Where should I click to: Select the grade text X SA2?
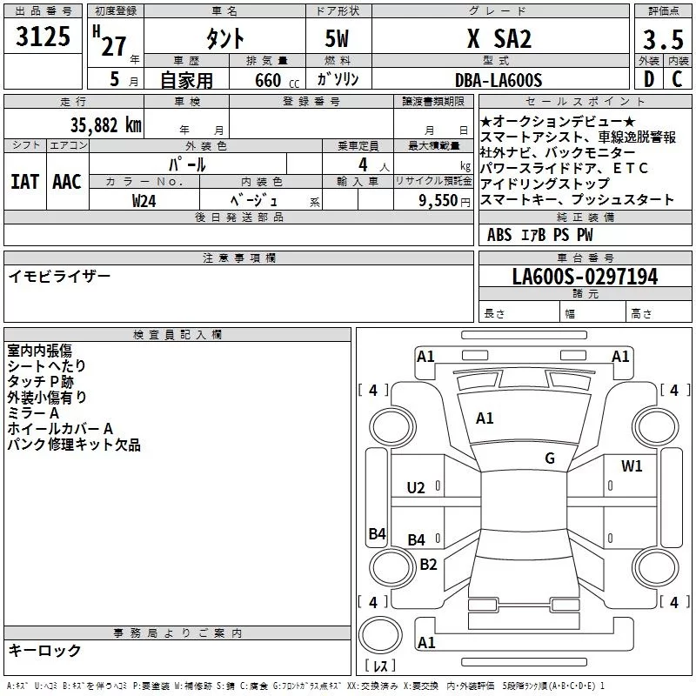pos(499,39)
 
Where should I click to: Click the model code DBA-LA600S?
pos(499,80)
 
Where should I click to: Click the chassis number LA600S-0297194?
pos(585,278)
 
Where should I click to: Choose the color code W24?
pos(144,200)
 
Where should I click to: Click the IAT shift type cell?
pos(24,181)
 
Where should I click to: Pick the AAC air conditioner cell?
pos(66,181)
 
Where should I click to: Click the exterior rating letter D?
pos(648,80)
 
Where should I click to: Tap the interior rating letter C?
pos(677,80)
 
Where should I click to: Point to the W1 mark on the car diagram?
pos(632,466)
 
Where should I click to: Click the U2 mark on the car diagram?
pos(416,487)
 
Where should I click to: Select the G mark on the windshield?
pos(550,458)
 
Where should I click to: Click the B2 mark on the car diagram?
pos(428,564)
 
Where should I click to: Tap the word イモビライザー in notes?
pos(59,276)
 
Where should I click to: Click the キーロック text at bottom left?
pos(44,650)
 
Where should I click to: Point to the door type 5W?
pos(338,39)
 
